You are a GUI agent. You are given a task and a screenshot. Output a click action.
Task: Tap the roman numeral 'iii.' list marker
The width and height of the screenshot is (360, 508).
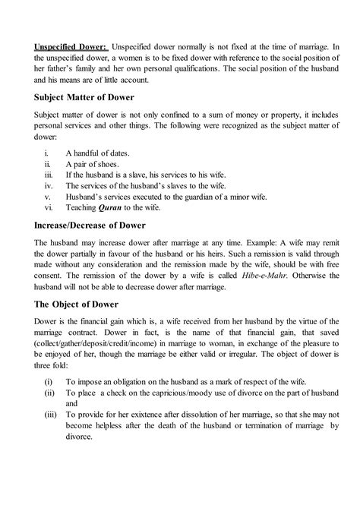[x=50, y=174]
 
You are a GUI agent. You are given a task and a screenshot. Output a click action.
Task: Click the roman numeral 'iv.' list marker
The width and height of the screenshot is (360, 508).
[x=50, y=185]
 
